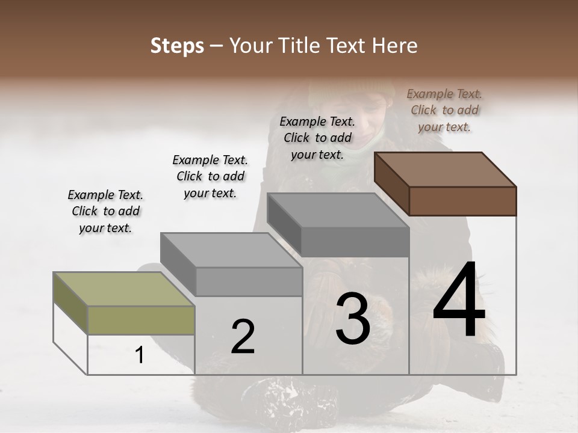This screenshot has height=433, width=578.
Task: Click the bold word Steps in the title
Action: (x=176, y=46)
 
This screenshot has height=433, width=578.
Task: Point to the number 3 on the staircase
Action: (x=353, y=319)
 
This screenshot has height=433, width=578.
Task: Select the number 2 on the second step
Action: (x=243, y=337)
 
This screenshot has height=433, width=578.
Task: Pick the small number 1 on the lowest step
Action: (x=140, y=355)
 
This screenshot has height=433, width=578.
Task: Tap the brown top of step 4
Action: (x=446, y=169)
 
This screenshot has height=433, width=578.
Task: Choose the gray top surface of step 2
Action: (x=231, y=250)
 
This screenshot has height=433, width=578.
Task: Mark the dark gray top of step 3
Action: (x=338, y=210)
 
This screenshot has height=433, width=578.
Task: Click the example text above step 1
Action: (x=105, y=211)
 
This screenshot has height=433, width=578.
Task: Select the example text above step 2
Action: (x=210, y=176)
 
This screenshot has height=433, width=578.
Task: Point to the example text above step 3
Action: (x=317, y=138)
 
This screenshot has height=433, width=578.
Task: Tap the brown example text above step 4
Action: (x=444, y=110)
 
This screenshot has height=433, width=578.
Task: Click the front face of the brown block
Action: (x=462, y=201)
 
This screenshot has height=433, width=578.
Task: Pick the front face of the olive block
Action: (x=141, y=320)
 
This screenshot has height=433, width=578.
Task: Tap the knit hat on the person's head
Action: (x=337, y=90)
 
